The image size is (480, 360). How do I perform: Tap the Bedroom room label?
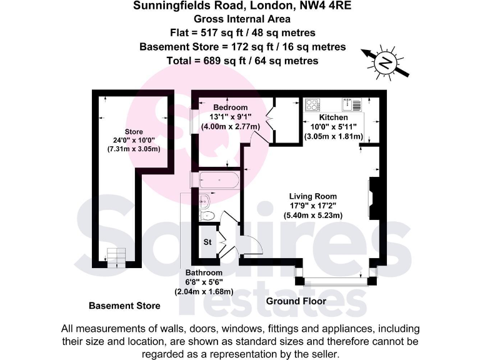pos(230,107)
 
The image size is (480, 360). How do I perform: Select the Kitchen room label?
pos(334,117)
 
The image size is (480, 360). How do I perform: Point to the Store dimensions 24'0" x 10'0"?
pos(134,141)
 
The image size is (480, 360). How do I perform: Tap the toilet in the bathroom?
pos(206,216)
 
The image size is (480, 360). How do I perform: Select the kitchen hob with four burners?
pos(313,104)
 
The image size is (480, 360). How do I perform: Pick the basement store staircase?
pos(116,256)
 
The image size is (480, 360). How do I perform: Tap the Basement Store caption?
pos(124,306)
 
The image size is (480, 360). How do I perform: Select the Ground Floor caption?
pos(296,302)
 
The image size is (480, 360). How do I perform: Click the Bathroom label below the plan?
pos(204,273)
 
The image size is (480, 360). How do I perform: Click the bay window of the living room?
pos(336,279)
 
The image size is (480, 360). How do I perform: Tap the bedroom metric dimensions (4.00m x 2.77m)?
pos(230,126)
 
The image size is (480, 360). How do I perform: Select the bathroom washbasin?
pos(204,201)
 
